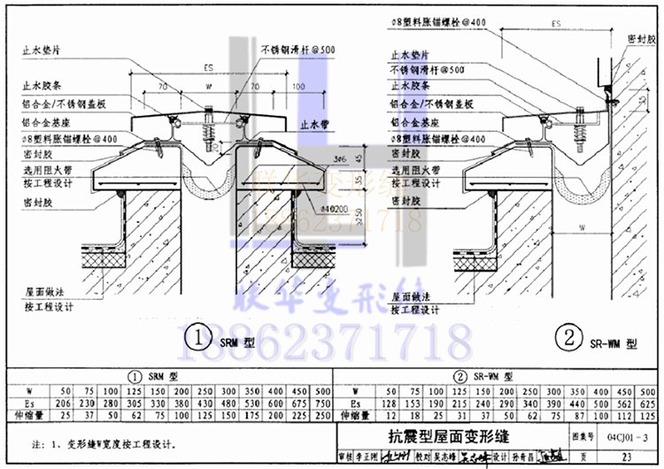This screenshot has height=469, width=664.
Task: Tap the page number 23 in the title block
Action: coord(626,457)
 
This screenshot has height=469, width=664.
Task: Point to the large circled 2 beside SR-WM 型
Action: coord(567,337)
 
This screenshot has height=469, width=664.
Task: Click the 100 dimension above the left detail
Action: coord(297,88)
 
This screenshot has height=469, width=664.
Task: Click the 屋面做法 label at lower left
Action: coord(42,291)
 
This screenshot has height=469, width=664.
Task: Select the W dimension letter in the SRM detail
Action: coord(207,88)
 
